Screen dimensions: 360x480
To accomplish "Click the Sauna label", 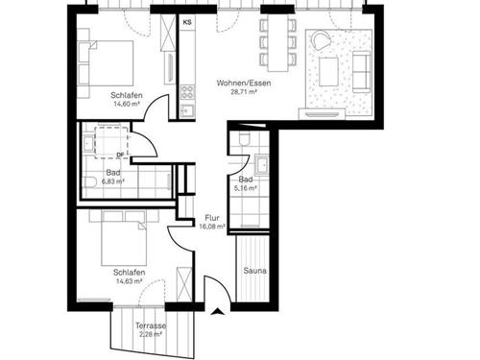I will tap(254, 272).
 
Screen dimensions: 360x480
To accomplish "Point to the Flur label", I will tap(213, 218).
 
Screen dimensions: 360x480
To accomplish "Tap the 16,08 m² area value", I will tap(213, 228).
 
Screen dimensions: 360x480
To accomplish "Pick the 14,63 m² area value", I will tap(127, 281).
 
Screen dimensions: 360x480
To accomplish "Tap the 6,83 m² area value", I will tap(113, 181).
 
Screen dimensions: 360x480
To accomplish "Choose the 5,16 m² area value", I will tap(247, 189).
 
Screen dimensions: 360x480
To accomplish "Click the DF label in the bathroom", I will tap(120, 154).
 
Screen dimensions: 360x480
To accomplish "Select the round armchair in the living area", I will tap(319, 41).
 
